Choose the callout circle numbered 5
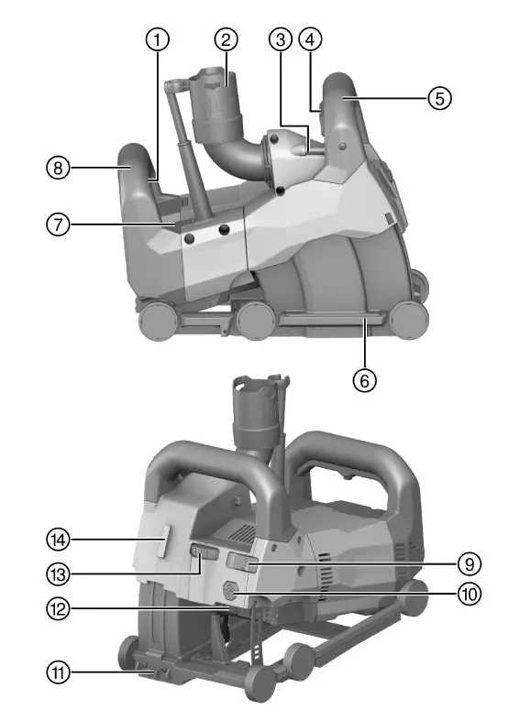pos(441,97)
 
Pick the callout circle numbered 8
pos(59,168)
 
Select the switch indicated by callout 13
pos(204,552)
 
